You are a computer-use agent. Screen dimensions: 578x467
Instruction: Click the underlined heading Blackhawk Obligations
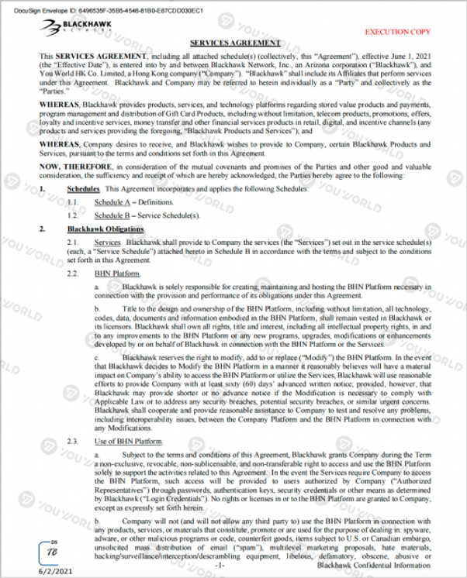point(105,229)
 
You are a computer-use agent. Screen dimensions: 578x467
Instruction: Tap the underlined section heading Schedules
point(83,189)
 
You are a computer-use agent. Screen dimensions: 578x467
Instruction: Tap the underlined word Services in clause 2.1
point(107,243)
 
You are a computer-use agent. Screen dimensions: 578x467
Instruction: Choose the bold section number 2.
point(43,229)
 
